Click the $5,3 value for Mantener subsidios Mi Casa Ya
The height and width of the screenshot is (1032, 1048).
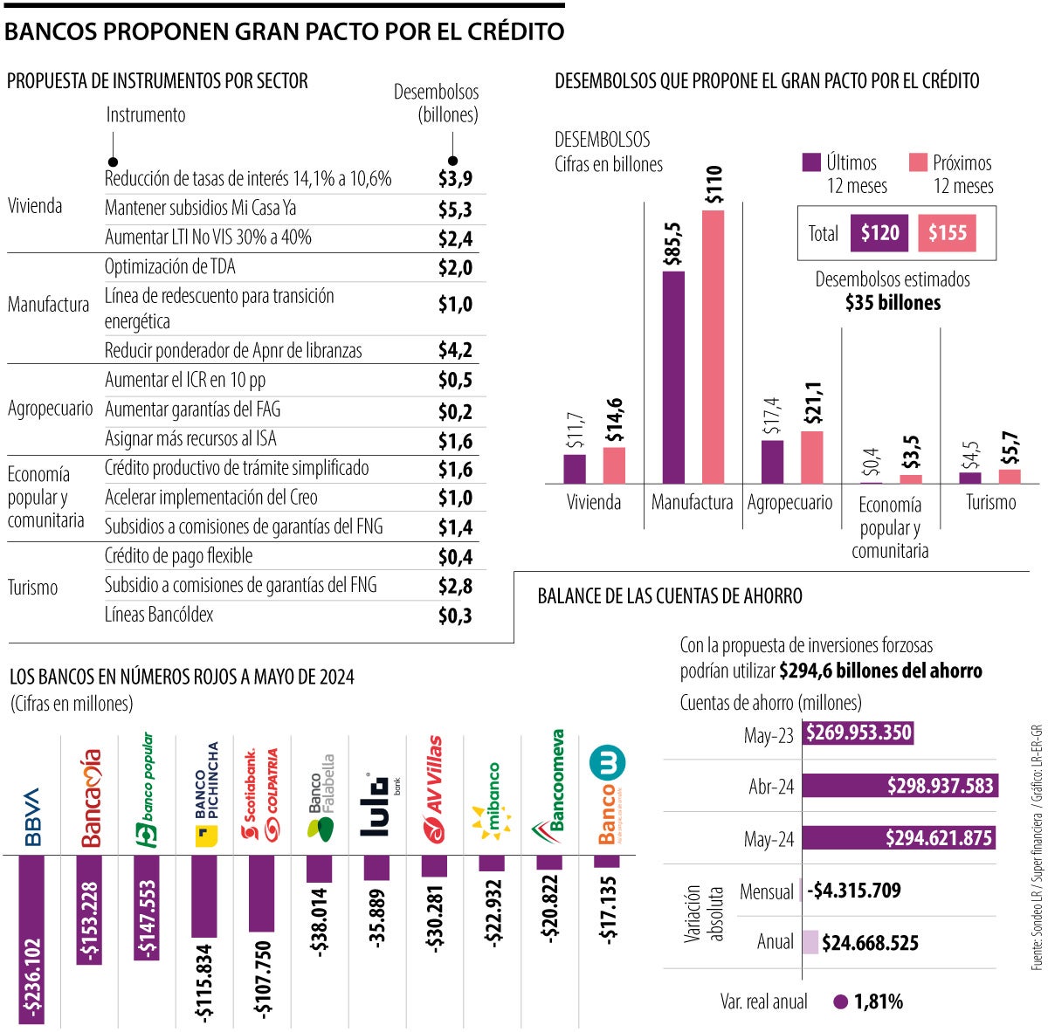point(455,209)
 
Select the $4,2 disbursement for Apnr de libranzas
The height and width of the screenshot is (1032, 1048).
point(455,351)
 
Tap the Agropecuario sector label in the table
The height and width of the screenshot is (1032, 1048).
point(50,409)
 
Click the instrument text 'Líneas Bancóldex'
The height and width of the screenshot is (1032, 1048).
point(159,615)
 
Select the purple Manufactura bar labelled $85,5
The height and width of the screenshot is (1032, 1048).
point(673,377)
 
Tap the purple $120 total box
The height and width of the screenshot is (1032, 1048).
point(879,233)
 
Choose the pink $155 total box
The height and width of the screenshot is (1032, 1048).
point(947,233)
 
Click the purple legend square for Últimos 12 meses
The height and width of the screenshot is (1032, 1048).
point(811,162)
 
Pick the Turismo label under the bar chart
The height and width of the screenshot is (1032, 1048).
point(990,503)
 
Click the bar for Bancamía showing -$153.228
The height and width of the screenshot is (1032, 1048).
point(90,909)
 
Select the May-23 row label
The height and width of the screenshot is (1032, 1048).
point(769,735)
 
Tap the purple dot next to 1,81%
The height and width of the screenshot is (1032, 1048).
point(841,1002)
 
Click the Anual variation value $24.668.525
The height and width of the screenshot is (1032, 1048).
point(870,943)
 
